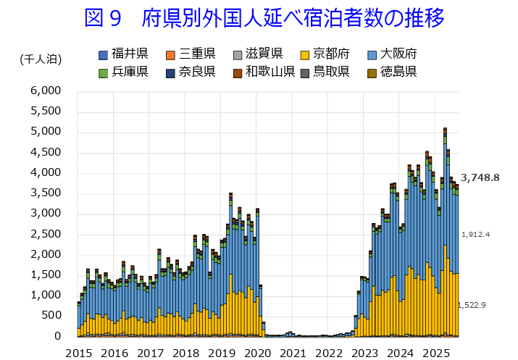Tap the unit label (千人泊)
click(x=41, y=59)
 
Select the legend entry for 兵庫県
click(x=123, y=71)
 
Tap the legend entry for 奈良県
click(x=190, y=71)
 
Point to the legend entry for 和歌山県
click(x=263, y=71)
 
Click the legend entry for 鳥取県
click(x=325, y=71)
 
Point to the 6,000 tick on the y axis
click(x=47, y=91)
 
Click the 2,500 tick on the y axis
click(x=47, y=234)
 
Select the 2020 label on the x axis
click(x=257, y=353)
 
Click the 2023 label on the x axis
click(x=364, y=353)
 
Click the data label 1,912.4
click(x=477, y=234)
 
